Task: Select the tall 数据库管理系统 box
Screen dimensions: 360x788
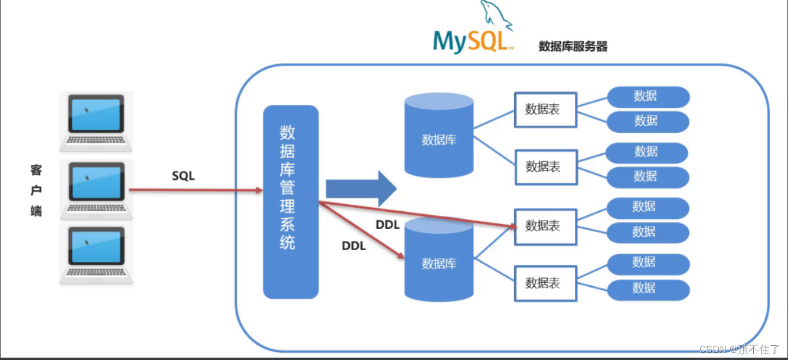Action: tap(290, 202)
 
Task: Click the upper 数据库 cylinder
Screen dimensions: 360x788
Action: tap(439, 136)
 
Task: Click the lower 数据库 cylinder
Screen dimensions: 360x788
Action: tap(439, 260)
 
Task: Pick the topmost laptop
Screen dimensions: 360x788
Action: tap(96, 120)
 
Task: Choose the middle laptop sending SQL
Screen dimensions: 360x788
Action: tap(96, 188)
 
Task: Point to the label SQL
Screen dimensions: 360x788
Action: tap(183, 176)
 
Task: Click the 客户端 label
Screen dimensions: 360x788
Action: tap(37, 190)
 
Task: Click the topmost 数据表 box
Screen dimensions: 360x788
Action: tap(545, 110)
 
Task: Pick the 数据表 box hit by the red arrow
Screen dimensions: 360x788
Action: tap(545, 226)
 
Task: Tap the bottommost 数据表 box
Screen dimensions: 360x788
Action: tap(545, 283)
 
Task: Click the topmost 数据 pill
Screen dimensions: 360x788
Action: tap(648, 96)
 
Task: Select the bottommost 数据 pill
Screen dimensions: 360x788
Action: tap(648, 288)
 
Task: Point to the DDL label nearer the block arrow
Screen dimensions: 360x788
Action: tap(388, 225)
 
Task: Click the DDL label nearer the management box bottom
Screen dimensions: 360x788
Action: tap(354, 246)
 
